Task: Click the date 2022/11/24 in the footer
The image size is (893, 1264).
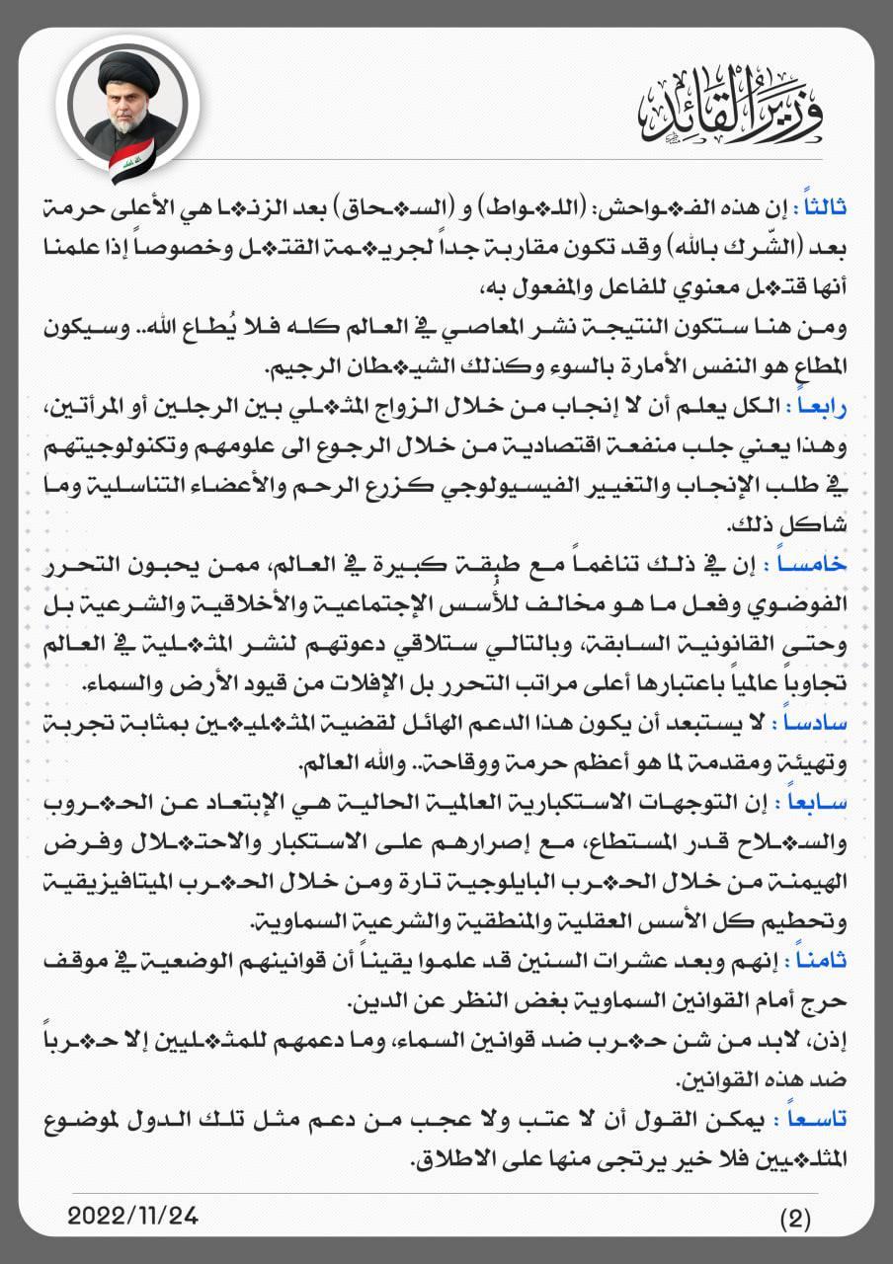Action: [133, 1216]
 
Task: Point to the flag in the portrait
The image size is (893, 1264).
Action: [130, 160]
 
